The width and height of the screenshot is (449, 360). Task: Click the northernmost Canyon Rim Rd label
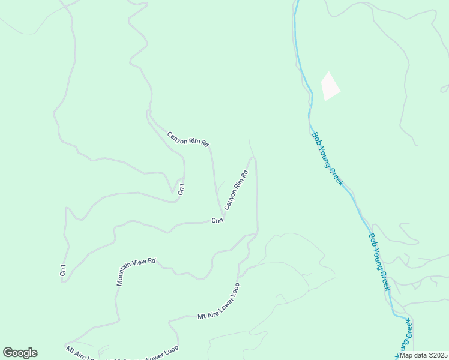[x=188, y=139]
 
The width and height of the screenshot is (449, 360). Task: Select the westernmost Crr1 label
[x=62, y=270]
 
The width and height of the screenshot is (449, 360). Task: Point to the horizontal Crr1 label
[x=217, y=221]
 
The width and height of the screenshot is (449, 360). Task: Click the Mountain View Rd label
[x=136, y=272]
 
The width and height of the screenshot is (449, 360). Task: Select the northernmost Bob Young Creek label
[x=327, y=158]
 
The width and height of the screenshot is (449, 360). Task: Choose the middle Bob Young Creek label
[x=379, y=262]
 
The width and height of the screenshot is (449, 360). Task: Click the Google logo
[x=20, y=353]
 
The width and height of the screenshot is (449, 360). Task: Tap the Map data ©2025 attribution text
[x=423, y=355]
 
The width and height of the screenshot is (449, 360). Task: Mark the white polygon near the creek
[x=330, y=86]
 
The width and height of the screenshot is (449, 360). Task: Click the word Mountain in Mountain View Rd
[x=127, y=276]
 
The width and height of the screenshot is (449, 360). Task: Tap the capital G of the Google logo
[x=8, y=353]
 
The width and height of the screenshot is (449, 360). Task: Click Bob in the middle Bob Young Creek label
[x=372, y=239]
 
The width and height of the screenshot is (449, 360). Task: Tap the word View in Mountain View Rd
[x=145, y=264]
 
